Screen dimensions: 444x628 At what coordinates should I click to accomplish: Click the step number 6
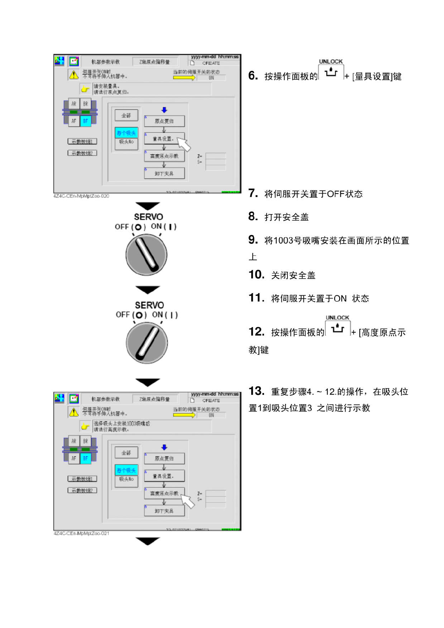coord(253,76)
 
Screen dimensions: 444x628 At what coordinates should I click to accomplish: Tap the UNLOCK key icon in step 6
coord(331,72)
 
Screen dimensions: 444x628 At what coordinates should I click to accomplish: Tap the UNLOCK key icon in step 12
coord(338,328)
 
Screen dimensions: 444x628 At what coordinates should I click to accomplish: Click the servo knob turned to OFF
coord(147,255)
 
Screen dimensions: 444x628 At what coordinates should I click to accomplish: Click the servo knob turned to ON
coord(147,343)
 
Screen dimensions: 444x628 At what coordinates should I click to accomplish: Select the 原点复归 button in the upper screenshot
coord(164,121)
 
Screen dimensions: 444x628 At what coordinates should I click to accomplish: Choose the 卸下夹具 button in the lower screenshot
coord(164,511)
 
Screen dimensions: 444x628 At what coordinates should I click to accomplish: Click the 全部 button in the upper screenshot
coord(126,115)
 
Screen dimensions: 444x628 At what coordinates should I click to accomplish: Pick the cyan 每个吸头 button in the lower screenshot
coord(126,470)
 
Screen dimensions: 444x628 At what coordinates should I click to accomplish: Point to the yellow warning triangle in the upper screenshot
coord(74,75)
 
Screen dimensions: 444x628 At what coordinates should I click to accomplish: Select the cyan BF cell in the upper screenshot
coord(86,121)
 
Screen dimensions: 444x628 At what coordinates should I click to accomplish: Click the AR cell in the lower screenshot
coord(74,441)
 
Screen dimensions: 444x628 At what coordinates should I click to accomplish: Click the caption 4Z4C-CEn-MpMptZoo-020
coord(81,196)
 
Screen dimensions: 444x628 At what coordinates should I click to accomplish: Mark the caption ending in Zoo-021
coord(81,533)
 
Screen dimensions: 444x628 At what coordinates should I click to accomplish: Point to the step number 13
coord(256,391)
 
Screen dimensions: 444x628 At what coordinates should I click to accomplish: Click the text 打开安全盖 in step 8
coord(286,217)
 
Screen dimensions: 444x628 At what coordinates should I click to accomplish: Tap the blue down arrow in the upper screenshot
coord(164,110)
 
